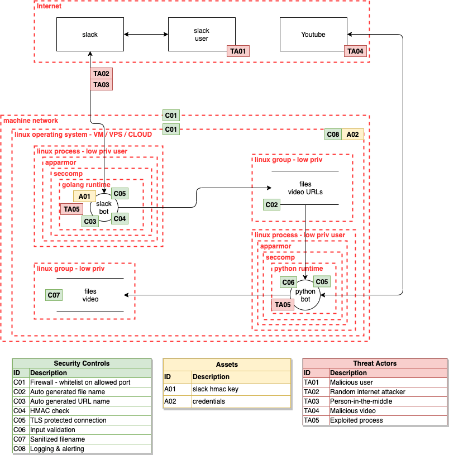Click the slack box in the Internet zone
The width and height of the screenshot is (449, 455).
(90, 35)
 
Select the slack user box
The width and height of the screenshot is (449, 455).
(201, 35)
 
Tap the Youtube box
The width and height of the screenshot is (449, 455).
(313, 35)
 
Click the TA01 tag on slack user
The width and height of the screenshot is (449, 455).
(238, 51)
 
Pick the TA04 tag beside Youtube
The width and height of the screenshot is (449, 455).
(355, 51)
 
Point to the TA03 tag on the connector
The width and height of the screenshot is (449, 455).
(101, 84)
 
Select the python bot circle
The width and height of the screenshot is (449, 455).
(305, 295)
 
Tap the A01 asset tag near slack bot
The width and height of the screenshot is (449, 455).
(84, 197)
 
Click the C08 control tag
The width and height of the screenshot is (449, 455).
(333, 135)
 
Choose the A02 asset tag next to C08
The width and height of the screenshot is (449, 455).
(353, 135)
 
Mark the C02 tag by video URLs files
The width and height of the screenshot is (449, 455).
(272, 205)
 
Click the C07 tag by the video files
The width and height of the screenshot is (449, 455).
(54, 295)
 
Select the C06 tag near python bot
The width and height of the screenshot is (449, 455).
(288, 282)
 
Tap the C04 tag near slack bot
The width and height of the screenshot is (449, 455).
(120, 218)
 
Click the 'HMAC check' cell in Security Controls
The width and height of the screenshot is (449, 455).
(89, 411)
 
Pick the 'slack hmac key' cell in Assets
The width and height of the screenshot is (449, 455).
(240, 389)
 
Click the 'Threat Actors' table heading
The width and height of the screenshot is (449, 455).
(375, 363)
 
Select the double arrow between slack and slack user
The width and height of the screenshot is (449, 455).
(146, 35)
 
